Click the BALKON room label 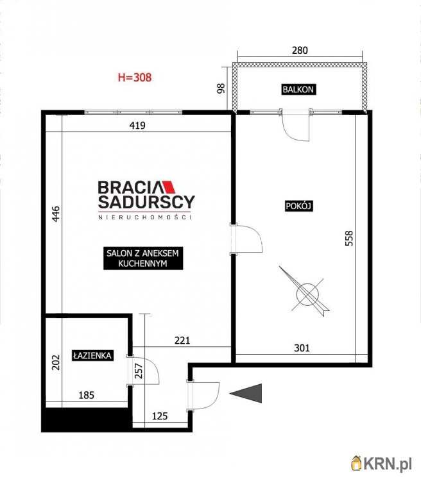(x=298, y=90)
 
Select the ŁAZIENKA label (x=92, y=355)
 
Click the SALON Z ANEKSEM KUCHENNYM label (x=143, y=258)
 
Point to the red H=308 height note (x=135, y=78)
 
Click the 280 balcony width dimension (x=300, y=50)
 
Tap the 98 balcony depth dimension (x=221, y=89)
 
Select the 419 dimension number (x=137, y=126)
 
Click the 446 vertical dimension (x=56, y=214)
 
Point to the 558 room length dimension (x=349, y=239)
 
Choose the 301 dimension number (x=302, y=348)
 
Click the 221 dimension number (x=182, y=340)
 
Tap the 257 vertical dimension (x=139, y=371)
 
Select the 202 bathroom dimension (x=56, y=362)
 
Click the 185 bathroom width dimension (x=86, y=395)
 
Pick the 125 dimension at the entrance (x=160, y=416)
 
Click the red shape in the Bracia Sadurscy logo (x=169, y=187)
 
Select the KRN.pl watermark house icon (x=357, y=463)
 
